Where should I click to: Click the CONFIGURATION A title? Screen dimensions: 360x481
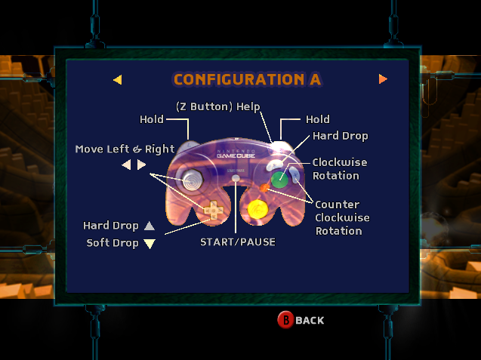247,79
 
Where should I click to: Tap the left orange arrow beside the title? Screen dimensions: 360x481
117,79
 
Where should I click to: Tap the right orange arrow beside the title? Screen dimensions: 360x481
383,78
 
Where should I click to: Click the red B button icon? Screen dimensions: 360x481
285,320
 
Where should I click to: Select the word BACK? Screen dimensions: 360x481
310,321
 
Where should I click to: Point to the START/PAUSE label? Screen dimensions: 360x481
238,242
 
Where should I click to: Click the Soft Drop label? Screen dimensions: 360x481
113,243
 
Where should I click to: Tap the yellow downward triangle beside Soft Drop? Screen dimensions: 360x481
150,244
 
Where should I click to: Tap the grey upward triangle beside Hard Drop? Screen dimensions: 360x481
150,226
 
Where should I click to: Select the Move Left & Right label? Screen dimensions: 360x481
125,149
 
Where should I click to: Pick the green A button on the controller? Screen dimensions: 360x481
279,179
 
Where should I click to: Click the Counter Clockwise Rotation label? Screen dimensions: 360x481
338,217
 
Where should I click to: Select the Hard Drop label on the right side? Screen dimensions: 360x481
341,137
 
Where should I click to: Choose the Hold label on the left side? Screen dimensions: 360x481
152,120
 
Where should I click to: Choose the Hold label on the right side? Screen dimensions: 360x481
317,120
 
